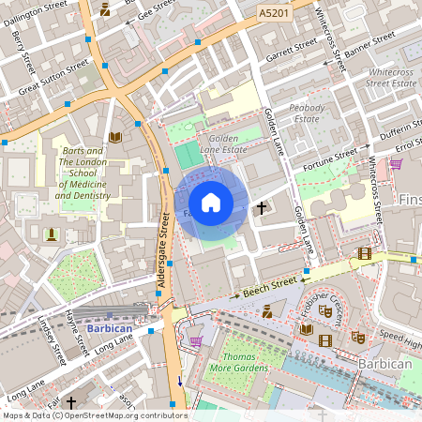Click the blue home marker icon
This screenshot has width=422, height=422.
tap(211, 203)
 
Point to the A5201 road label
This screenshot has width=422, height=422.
tap(274, 13)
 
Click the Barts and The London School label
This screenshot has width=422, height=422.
tap(84, 173)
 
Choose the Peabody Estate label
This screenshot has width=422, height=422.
tap(307, 113)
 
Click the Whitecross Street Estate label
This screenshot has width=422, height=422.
tap(392, 78)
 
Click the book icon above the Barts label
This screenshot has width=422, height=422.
tap(114, 137)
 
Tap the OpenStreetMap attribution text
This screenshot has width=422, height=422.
tap(95, 414)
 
